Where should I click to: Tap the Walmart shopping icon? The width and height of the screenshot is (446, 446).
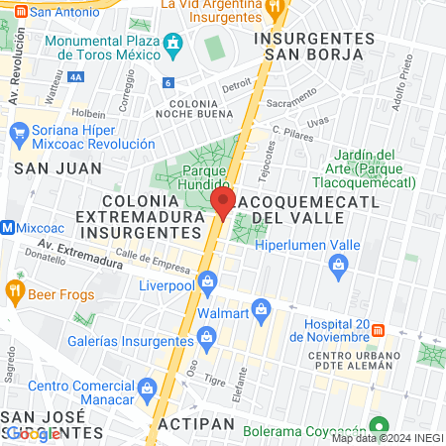pyautogui.click(x=262, y=308)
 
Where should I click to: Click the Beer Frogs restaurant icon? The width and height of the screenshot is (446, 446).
pyautogui.click(x=14, y=291)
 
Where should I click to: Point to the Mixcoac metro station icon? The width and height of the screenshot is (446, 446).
pyautogui.click(x=8, y=227)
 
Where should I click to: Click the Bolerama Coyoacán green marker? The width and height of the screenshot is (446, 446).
pyautogui.click(x=376, y=422)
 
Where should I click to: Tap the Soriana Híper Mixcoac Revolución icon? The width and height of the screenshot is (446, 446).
pyautogui.click(x=18, y=131)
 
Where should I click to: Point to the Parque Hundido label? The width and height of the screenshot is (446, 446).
pyautogui.click(x=193, y=177)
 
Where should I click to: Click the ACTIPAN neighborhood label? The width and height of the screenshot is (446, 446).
pyautogui.click(x=196, y=423)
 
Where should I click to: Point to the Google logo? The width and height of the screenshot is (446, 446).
pyautogui.click(x=33, y=433)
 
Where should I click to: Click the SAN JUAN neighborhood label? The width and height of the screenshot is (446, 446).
pyautogui.click(x=45, y=168)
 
